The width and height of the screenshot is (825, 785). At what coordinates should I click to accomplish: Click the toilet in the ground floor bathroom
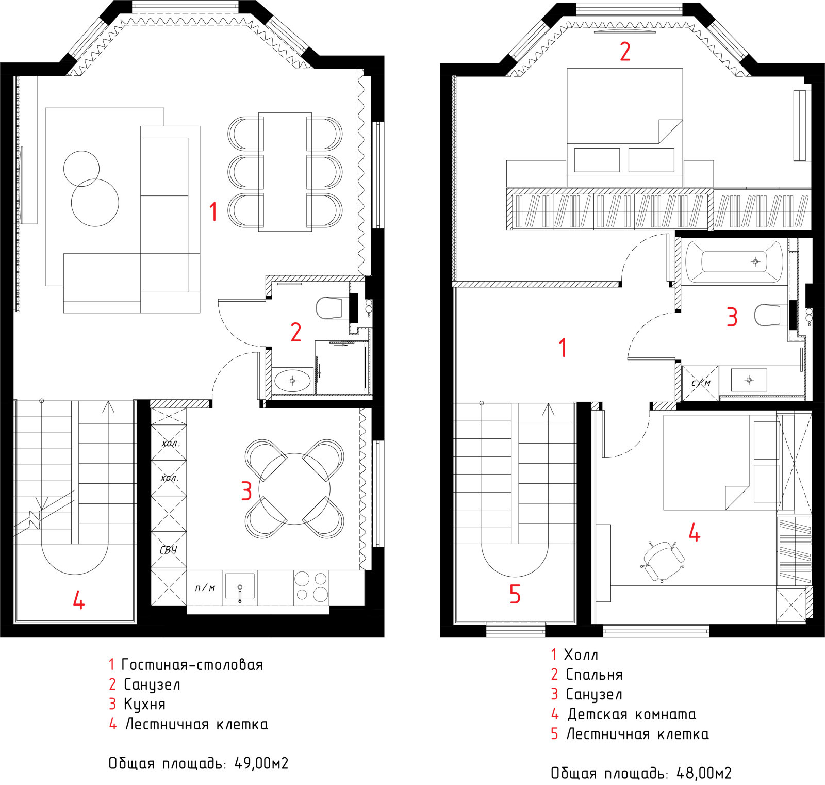click(329, 308)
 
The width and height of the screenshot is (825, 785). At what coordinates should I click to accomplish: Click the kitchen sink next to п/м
click(240, 587)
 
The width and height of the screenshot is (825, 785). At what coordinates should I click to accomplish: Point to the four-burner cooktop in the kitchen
click(311, 587)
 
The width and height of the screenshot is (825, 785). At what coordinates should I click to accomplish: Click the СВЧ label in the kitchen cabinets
click(169, 550)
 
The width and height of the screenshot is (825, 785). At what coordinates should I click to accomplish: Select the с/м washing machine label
click(701, 383)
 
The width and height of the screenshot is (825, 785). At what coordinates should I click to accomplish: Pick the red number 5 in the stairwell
click(515, 594)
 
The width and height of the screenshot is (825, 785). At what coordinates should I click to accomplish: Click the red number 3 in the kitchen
click(246, 491)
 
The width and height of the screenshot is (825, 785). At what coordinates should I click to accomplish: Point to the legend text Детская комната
click(632, 714)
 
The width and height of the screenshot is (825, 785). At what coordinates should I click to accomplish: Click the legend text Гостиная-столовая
click(192, 665)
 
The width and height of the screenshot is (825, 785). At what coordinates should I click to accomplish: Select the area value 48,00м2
click(704, 773)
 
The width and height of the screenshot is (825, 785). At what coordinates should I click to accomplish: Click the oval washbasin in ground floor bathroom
click(292, 381)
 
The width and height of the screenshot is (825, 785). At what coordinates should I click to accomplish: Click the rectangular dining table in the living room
click(285, 172)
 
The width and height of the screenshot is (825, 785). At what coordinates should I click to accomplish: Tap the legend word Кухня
click(144, 704)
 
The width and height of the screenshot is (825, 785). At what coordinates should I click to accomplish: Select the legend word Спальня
click(595, 675)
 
